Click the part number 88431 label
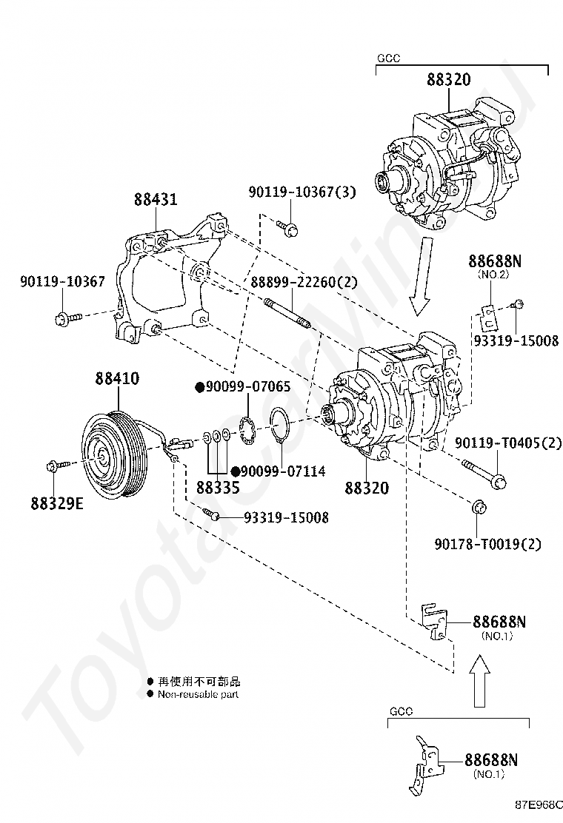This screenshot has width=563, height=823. (x=156, y=199)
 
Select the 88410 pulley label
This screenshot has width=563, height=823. (x=117, y=378)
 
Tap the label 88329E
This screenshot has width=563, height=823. (x=57, y=504)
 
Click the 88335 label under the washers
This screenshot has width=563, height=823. (x=218, y=488)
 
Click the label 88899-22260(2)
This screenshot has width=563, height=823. (x=304, y=283)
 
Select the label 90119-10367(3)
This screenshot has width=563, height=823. (x=302, y=192)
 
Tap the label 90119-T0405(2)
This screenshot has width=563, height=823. (x=508, y=443)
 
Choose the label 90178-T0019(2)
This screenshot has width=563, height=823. (x=488, y=544)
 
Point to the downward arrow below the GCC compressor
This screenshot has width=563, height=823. (x=422, y=277)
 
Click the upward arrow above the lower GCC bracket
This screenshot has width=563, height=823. (x=479, y=681)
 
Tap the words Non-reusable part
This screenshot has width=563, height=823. (x=198, y=694)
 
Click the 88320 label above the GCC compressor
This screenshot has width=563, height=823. (x=448, y=80)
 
